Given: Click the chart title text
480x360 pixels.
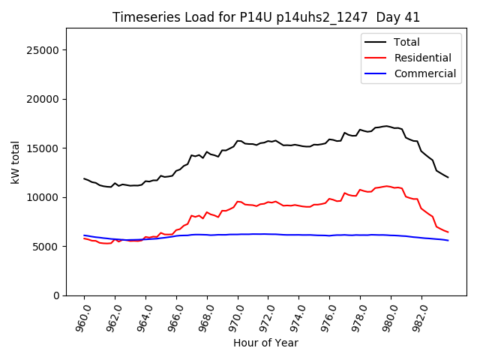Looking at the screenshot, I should [x=265, y=17].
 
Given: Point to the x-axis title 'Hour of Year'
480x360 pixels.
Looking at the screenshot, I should [x=265, y=343].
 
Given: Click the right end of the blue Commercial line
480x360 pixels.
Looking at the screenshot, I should [x=448, y=240].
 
